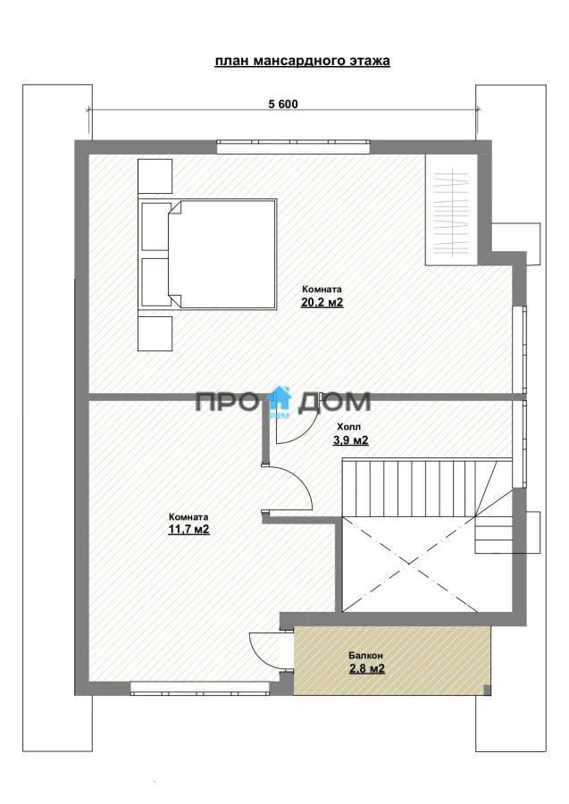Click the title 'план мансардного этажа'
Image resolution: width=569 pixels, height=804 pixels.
[302, 61]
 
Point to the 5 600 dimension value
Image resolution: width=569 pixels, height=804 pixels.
[283, 105]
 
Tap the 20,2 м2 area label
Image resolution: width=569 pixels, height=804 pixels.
[322, 303]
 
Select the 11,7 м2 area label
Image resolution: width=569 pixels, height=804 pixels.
[188, 530]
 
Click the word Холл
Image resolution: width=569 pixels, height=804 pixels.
[349, 427]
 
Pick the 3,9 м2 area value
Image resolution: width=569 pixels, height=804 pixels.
[351, 440]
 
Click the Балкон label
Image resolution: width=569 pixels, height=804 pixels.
[366, 656]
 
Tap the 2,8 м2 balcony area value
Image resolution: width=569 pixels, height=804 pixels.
[367, 668]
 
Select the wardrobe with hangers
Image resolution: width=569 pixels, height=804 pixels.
[452, 209]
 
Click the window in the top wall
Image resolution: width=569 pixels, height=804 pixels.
[293, 147]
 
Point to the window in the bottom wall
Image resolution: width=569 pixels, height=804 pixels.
[200, 688]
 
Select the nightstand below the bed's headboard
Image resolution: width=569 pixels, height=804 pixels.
[155, 334]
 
